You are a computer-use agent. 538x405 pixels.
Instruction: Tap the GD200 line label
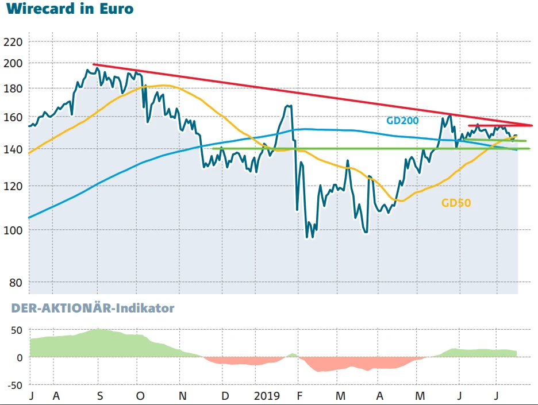coord(402,121)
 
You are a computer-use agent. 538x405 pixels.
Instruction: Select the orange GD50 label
coord(460,203)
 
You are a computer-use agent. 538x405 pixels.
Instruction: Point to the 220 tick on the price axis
coord(12,43)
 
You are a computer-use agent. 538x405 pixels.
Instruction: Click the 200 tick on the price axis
coord(12,63)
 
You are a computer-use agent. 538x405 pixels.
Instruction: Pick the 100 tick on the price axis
coord(12,230)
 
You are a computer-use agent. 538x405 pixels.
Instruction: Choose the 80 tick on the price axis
coord(15,283)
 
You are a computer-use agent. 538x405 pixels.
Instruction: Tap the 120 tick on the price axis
coord(12,186)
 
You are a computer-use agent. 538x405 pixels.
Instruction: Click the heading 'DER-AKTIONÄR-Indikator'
coord(93,308)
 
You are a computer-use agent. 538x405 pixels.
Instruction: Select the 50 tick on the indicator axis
coord(16,330)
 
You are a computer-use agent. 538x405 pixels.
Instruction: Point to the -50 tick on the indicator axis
coord(13,385)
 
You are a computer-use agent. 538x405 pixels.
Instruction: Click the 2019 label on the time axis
coord(266,396)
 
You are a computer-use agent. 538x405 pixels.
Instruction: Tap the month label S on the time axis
coord(100,396)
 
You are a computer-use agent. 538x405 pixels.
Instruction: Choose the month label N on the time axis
coord(183,396)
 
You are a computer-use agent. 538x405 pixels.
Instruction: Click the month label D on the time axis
coord(225,396)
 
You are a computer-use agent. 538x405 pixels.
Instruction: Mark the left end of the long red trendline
coord(93,64)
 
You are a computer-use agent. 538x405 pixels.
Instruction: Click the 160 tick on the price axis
coord(12,117)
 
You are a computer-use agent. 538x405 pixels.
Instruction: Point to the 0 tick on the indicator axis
coord(19,357)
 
